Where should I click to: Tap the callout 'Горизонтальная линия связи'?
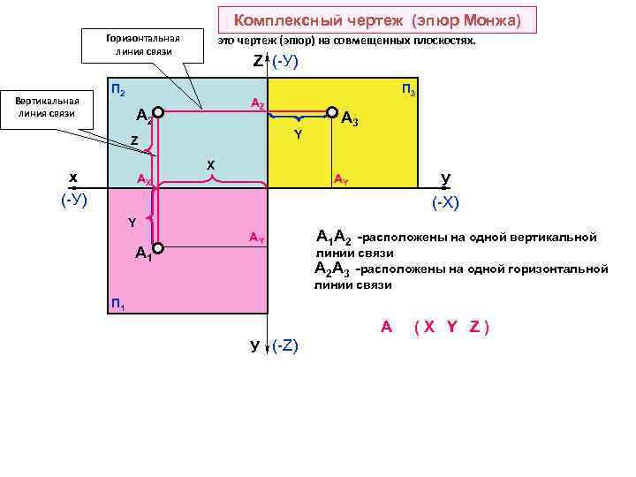point(142,44)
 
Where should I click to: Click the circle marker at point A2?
point(157,113)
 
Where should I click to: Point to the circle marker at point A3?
point(332,113)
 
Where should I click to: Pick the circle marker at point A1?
point(157,247)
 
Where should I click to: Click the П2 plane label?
point(117,90)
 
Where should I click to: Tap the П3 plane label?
point(410,90)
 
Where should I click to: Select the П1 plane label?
point(117,305)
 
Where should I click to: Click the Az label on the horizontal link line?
point(257,104)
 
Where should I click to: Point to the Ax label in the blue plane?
point(144,179)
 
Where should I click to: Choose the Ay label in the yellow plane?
point(341,179)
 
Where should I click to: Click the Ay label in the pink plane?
point(256,238)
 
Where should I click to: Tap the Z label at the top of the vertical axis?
point(258,62)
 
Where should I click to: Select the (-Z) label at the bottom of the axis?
point(286,345)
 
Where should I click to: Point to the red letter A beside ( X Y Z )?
point(386,327)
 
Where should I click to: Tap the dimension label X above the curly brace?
point(210,165)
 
